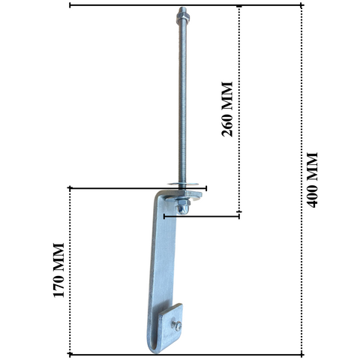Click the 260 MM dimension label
pos(226,109)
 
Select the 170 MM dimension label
pos(59,270)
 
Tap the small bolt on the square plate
pos(176,324)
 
